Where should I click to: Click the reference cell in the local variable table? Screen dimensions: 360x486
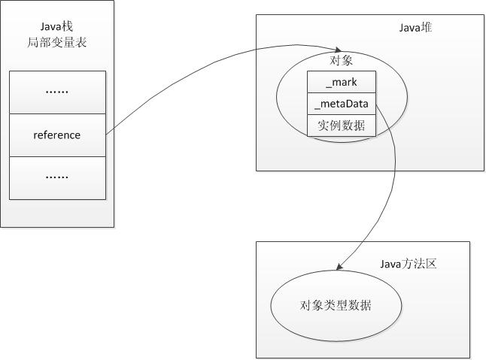(57, 135)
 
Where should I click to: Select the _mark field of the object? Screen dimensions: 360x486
(341, 82)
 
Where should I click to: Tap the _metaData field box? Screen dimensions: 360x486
(341, 104)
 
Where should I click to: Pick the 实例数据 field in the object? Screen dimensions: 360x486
(341, 126)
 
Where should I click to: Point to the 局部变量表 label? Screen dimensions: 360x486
(57, 42)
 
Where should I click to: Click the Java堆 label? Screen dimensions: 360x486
(415, 28)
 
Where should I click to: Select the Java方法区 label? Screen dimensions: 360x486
(409, 264)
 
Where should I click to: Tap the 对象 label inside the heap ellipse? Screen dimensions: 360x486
(341, 61)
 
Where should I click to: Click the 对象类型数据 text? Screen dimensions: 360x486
(336, 306)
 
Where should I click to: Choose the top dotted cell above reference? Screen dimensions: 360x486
(57, 92)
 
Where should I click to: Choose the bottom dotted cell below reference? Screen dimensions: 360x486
(57, 177)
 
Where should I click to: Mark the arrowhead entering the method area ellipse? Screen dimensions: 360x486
(339, 266)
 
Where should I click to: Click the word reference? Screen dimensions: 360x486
(57, 135)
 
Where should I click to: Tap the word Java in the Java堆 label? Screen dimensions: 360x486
(407, 28)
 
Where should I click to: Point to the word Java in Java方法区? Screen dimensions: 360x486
(391, 264)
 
